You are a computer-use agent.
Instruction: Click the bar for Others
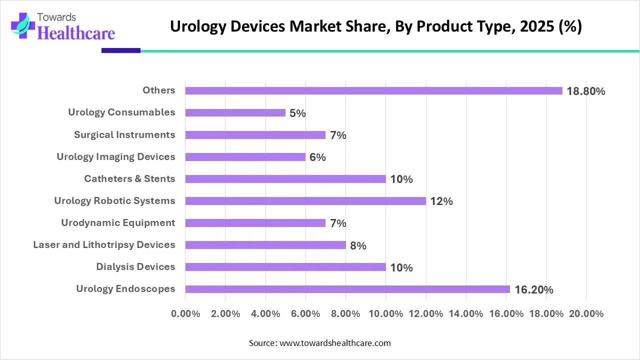pos(373,90)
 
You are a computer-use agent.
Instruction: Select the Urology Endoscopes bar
pos(347,289)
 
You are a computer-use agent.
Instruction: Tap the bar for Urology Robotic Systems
pos(305,201)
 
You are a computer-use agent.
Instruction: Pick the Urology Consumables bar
pos(235,112)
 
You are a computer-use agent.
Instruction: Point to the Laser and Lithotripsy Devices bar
pos(265,245)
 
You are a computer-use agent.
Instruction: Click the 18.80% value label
pos(586,91)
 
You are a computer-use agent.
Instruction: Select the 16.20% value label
pos(533,289)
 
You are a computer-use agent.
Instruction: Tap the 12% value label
pos(441,201)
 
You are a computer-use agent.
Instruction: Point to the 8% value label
pos(358,245)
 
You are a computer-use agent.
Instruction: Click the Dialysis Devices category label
pos(135,266)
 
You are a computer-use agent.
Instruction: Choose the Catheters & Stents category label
pos(129,178)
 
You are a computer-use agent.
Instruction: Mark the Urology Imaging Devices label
pos(115,156)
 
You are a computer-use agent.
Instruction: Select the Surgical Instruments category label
pos(124,134)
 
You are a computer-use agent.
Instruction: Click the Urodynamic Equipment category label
pos(118,222)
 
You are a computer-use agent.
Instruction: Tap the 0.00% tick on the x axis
pos(185,314)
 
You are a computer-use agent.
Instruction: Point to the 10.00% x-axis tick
pos(385,314)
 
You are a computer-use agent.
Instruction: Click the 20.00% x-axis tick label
pos(586,314)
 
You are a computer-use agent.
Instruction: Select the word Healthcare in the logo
pos(76,33)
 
